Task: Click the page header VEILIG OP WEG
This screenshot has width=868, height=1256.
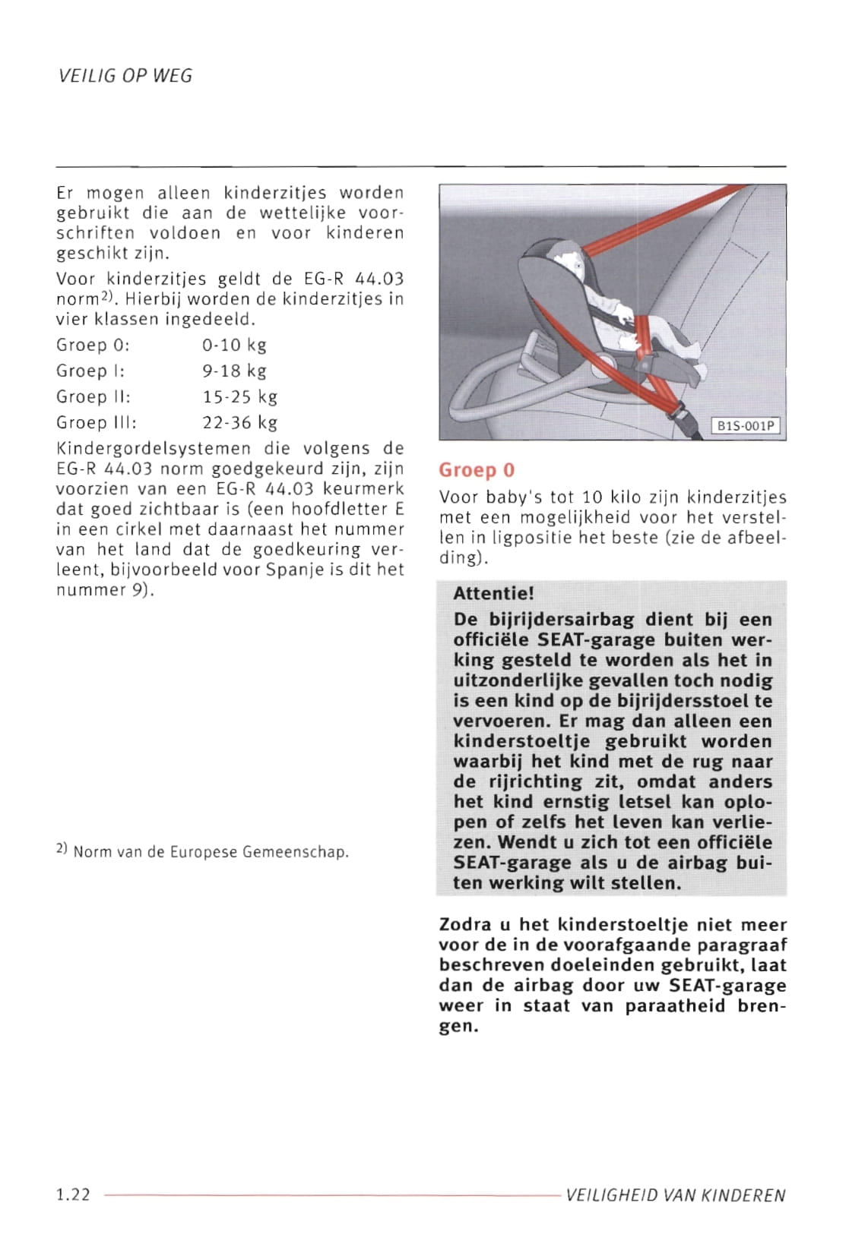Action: (x=125, y=76)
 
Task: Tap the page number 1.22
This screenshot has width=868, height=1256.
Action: (x=73, y=1194)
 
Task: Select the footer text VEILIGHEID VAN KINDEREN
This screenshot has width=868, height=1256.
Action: (x=675, y=1195)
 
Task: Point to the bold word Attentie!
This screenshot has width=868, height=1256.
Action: (x=493, y=594)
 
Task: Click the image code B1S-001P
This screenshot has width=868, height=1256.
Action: (x=745, y=426)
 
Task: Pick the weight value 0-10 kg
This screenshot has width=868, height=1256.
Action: (x=234, y=346)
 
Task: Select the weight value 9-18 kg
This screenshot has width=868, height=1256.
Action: (x=234, y=371)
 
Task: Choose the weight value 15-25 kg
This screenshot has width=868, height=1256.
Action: (x=239, y=397)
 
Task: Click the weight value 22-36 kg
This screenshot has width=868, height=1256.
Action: (x=239, y=423)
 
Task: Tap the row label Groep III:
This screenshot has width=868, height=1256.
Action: (x=97, y=423)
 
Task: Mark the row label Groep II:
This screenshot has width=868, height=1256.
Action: (x=93, y=397)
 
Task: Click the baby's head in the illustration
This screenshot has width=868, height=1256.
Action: (x=568, y=263)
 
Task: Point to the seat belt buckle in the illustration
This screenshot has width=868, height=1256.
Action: (x=682, y=416)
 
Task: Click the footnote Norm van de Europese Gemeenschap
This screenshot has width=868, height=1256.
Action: (x=211, y=852)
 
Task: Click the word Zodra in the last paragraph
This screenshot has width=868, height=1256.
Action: (x=464, y=925)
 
